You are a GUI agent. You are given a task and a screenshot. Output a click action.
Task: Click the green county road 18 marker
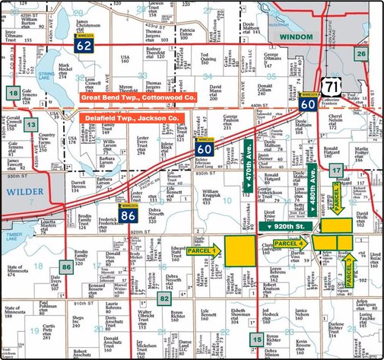(x=13, y=93)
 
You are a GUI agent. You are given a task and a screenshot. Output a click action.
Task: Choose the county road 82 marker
(x=186, y=299)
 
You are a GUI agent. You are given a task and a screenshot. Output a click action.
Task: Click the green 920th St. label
(x=286, y=227)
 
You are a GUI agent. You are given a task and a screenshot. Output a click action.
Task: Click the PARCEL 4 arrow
(x=292, y=243)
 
